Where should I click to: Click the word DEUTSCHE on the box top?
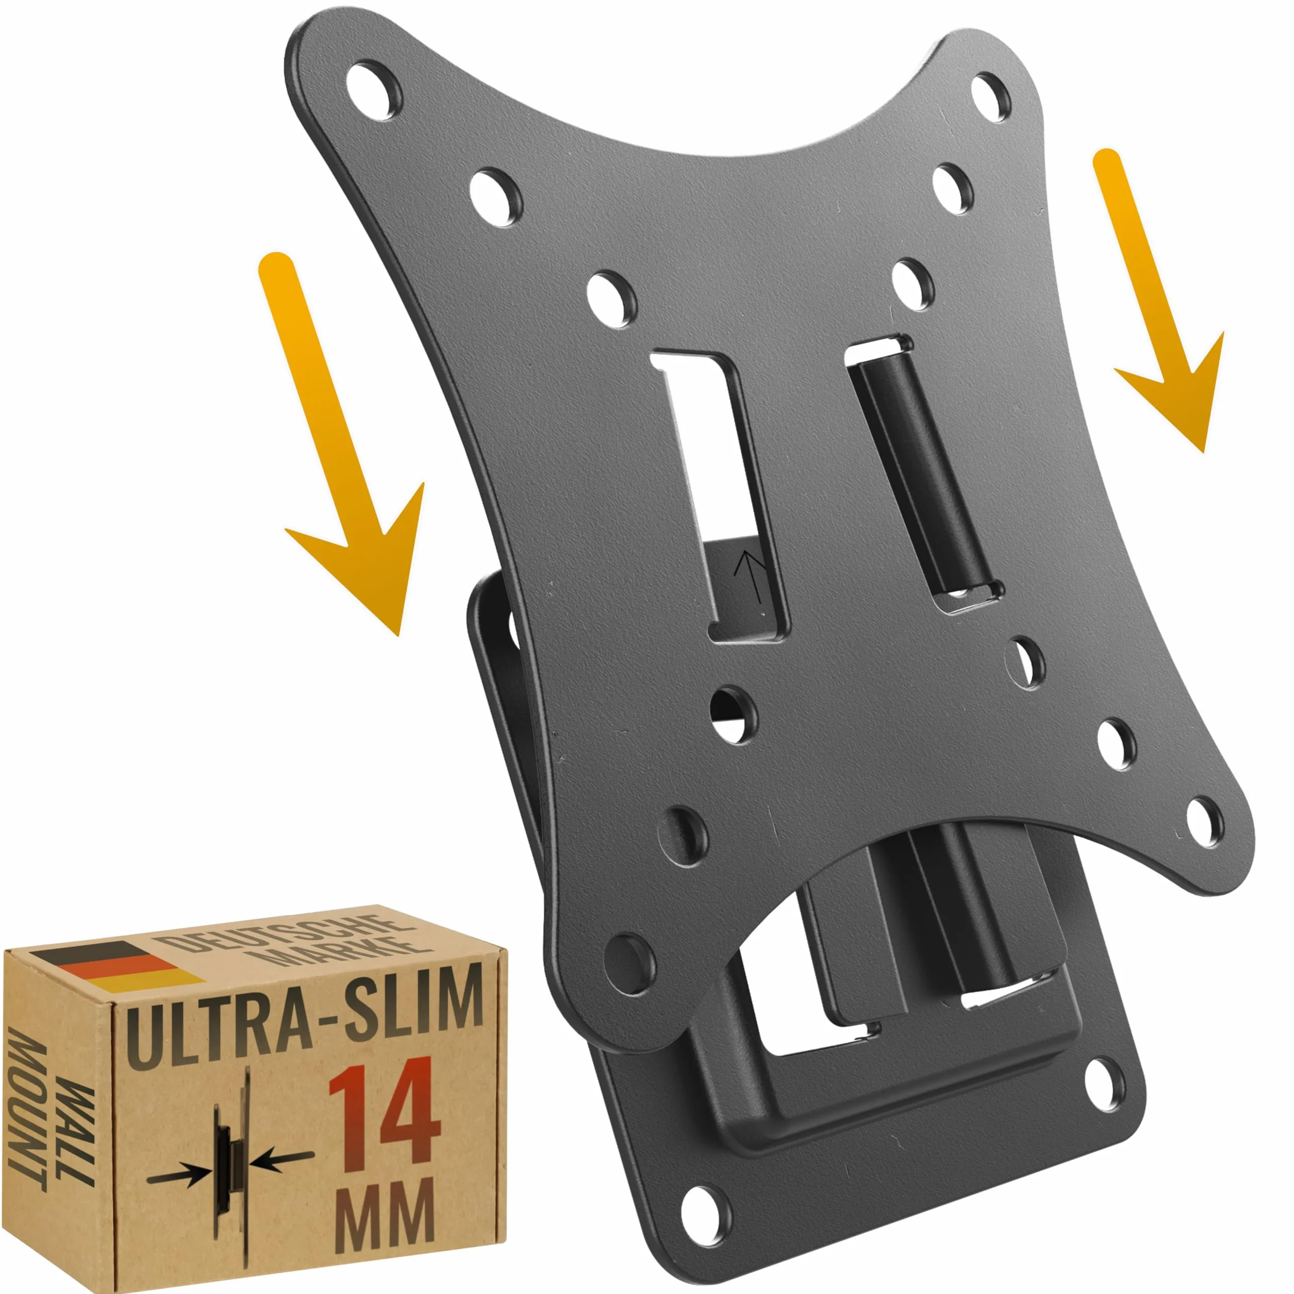click(281, 934)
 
